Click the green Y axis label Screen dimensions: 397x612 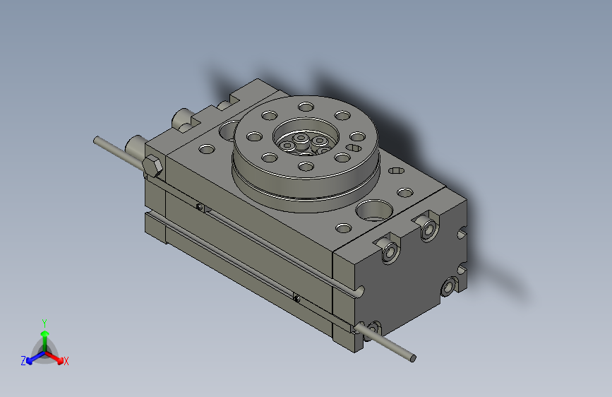pyautogui.click(x=44, y=321)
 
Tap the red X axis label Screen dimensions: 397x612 pyautogui.click(x=66, y=362)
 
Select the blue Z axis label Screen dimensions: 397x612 pyautogui.click(x=23, y=361)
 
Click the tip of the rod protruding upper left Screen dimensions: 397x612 pyautogui.click(x=97, y=140)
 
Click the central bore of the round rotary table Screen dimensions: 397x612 pyautogui.click(x=305, y=138)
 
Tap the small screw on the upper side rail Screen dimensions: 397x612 pyautogui.click(x=201, y=207)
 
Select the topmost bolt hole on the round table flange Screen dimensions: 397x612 pyautogui.click(x=306, y=107)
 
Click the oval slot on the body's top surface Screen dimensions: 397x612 pyautogui.click(x=354, y=147)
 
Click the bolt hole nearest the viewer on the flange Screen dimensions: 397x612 pyautogui.click(x=305, y=167)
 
